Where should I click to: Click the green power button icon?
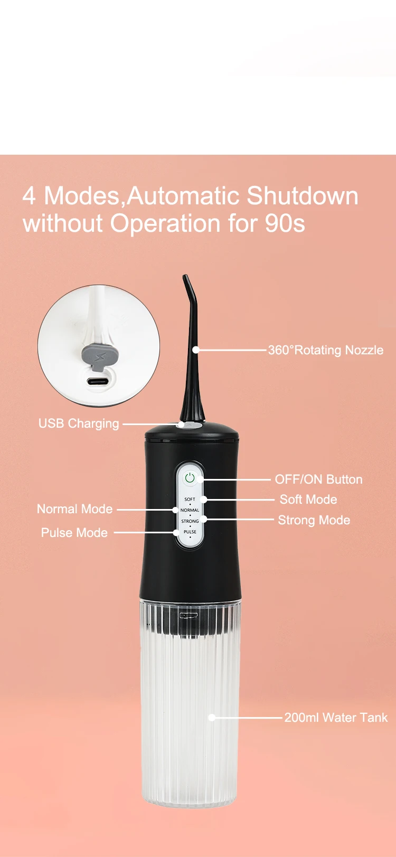click(x=190, y=478)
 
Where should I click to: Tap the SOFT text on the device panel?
click(x=190, y=499)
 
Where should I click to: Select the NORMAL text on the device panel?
click(x=190, y=510)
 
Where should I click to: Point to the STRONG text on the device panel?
click(x=190, y=521)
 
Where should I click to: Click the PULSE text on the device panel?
click(x=190, y=532)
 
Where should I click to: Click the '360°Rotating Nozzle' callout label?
click(x=326, y=350)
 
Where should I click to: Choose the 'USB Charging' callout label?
click(x=79, y=423)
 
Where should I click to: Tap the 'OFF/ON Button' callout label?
click(x=318, y=479)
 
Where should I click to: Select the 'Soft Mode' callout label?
click(x=308, y=500)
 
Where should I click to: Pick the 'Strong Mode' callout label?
click(x=314, y=520)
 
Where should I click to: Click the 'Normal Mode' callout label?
click(x=74, y=509)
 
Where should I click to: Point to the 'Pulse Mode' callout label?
click(x=74, y=533)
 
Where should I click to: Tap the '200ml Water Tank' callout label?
click(x=336, y=718)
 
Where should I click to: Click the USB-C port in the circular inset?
click(x=99, y=382)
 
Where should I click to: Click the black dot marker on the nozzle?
click(x=196, y=350)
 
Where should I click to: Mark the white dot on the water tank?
click(x=212, y=718)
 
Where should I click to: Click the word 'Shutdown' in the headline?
click(x=303, y=196)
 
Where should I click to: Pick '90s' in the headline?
click(x=285, y=223)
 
